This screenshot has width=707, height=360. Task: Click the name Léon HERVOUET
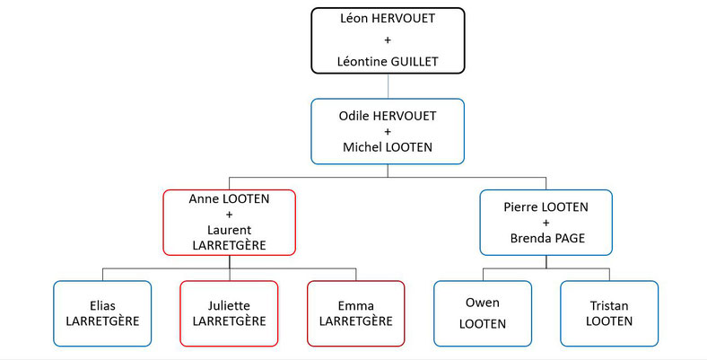(388, 19)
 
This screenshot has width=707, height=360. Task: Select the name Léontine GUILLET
(388, 61)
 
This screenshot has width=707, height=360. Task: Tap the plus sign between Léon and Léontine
(388, 40)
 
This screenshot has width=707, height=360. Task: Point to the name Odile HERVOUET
(388, 116)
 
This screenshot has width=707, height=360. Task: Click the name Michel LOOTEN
(388, 147)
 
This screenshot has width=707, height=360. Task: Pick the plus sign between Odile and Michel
(388, 132)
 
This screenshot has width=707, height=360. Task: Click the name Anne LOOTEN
(229, 199)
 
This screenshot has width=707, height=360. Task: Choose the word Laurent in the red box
(229, 230)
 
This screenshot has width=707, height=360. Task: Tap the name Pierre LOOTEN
(546, 207)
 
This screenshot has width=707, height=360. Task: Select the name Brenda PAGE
(547, 238)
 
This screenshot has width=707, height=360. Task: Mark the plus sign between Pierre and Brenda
(546, 223)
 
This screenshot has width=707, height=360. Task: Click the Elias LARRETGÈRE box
(102, 313)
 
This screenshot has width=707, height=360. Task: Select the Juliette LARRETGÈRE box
(229, 313)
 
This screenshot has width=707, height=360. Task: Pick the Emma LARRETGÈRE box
(356, 313)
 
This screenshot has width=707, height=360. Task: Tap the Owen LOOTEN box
(483, 313)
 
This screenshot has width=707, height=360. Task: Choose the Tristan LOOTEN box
(609, 313)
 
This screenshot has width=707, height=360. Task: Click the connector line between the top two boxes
(388, 86)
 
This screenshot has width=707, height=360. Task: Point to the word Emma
(356, 306)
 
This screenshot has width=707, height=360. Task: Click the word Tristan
(609, 306)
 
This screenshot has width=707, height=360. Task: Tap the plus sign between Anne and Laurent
(229, 215)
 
